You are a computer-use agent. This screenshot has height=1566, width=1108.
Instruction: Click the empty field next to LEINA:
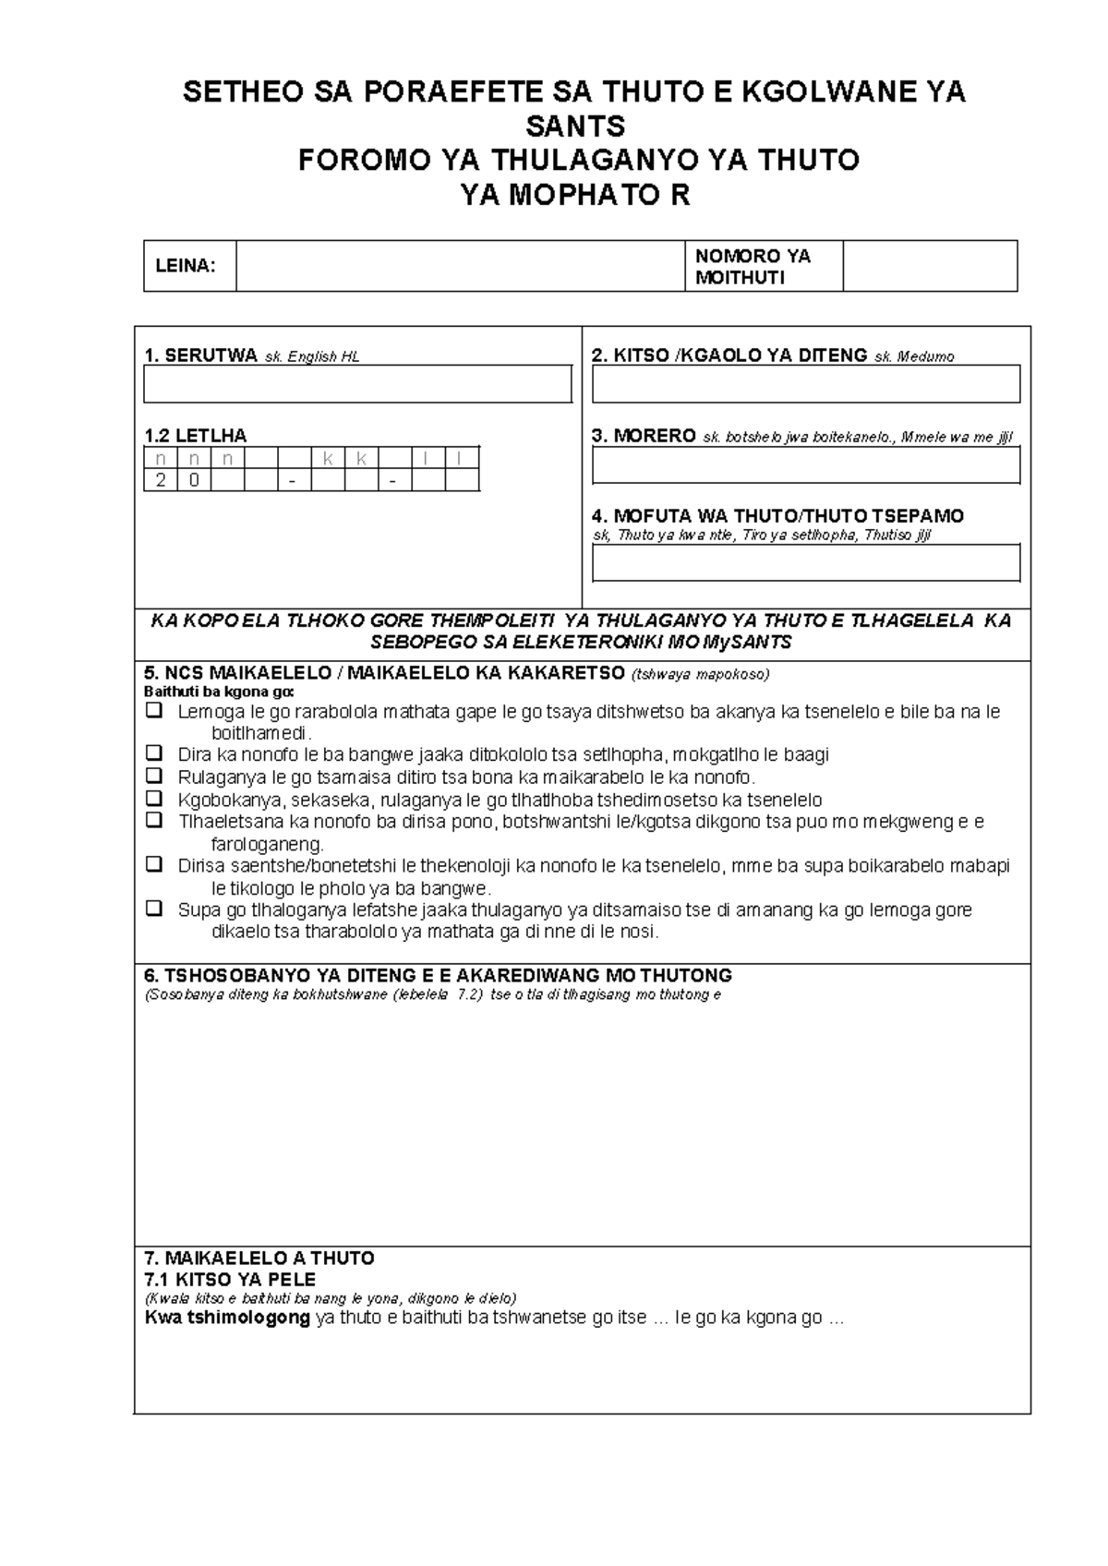[460, 266]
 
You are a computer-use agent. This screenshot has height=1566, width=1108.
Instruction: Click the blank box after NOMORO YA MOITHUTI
[929, 266]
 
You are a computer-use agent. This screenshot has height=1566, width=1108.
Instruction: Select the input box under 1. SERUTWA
[357, 383]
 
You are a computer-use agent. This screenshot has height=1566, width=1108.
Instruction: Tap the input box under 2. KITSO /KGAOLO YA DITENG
[805, 383]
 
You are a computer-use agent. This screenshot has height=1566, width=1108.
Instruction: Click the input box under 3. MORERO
[805, 465]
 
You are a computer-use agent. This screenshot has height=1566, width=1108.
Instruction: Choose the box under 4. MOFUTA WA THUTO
[805, 562]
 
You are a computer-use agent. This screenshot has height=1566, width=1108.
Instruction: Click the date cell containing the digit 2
[161, 480]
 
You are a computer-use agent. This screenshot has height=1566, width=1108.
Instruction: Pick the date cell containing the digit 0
[194, 480]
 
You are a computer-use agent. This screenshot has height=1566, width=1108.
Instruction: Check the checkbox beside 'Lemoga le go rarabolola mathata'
[154, 711]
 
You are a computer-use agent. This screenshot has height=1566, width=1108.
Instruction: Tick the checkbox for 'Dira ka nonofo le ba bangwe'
[154, 753]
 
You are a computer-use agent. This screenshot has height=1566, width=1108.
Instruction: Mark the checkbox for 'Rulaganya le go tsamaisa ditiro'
[154, 776]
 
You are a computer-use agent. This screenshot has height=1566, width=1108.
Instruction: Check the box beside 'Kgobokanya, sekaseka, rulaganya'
[154, 798]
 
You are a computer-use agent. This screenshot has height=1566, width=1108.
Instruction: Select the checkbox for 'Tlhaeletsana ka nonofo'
[154, 820]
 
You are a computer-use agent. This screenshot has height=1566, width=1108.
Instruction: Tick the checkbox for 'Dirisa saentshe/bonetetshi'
[154, 865]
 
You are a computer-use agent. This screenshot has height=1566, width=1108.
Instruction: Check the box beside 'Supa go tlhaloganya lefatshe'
[154, 909]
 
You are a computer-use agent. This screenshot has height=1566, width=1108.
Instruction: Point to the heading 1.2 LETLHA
[196, 436]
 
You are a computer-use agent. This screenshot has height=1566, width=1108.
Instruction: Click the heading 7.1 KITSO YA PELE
[230, 1280]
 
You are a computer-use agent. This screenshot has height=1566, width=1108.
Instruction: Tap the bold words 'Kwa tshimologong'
[227, 1318]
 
